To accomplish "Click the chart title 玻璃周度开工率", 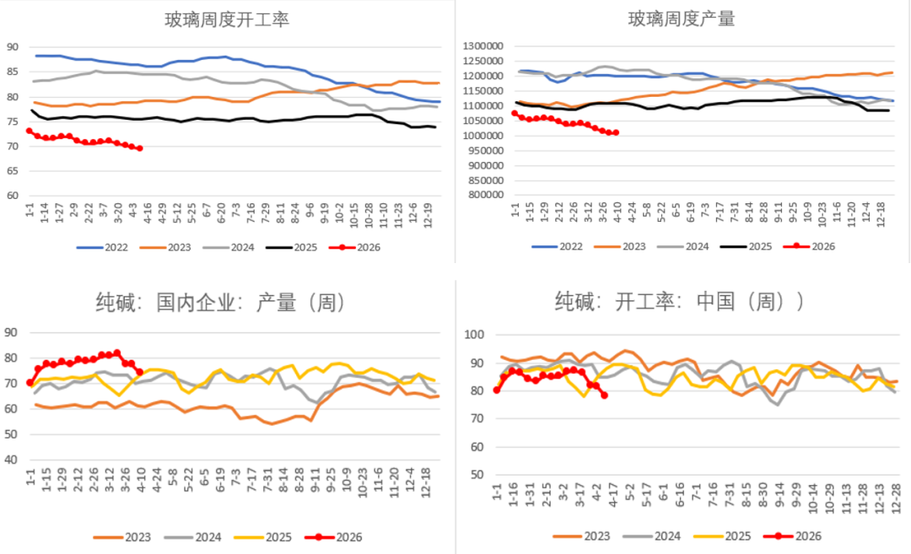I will [227, 19].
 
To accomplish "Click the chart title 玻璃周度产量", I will [682, 19].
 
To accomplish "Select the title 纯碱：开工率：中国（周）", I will [680, 302].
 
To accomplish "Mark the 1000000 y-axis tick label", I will [483, 136].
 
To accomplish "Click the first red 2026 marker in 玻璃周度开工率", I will [29, 131].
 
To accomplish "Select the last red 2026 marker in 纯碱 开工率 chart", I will [605, 395].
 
